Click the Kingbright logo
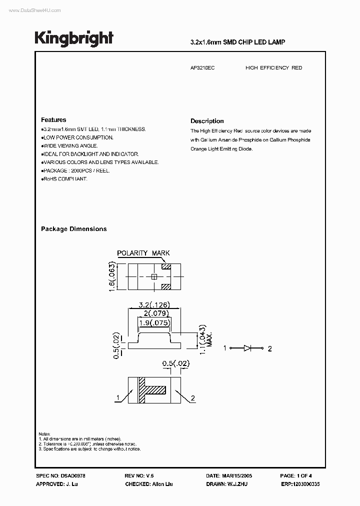(73, 38)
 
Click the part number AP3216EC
(202, 67)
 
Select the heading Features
(53, 120)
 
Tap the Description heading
(207, 121)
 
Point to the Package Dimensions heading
(73, 229)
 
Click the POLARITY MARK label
(143, 253)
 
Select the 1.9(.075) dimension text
(152, 322)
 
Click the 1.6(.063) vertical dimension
(113, 276)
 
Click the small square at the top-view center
(154, 276)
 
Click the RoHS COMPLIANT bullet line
(65, 179)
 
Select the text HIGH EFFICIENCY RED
(273, 67)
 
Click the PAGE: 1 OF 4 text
(296, 476)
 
